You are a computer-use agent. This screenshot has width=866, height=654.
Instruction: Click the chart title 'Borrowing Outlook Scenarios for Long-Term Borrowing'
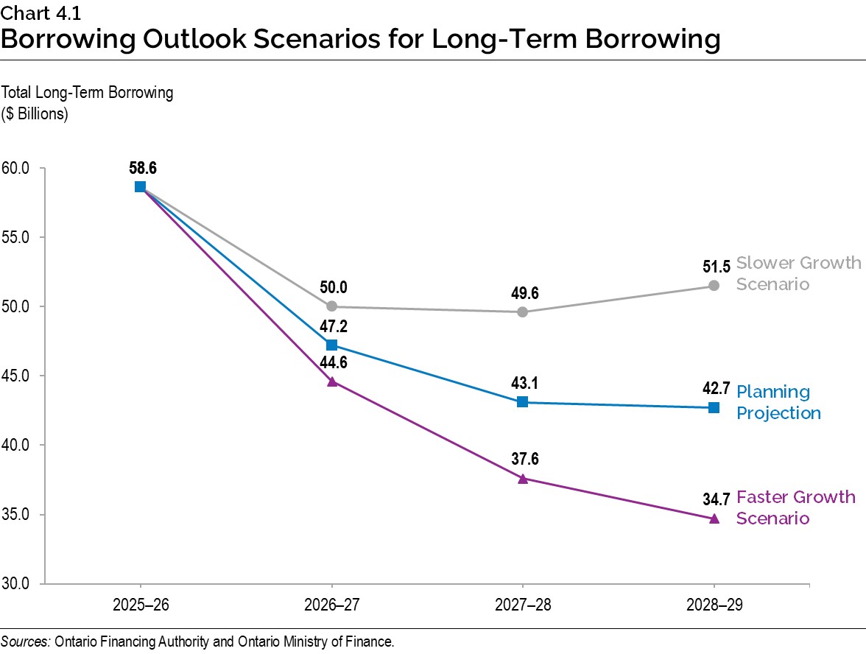point(360,38)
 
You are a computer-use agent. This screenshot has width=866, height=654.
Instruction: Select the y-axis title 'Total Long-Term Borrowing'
point(88,93)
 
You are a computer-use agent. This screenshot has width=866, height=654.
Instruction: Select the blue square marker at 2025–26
point(140,187)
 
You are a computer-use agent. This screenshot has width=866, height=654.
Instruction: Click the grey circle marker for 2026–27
point(331,306)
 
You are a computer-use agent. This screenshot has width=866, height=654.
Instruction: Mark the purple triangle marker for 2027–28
point(522,478)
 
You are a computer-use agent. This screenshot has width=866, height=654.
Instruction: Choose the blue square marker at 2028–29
point(714,407)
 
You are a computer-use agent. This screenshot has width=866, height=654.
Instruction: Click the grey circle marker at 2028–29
point(714,286)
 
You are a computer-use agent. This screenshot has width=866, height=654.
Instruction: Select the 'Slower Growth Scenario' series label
point(798,273)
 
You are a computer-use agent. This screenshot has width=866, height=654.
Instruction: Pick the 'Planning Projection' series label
point(778,402)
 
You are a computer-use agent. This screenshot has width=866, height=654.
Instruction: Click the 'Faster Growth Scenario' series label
point(795,507)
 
